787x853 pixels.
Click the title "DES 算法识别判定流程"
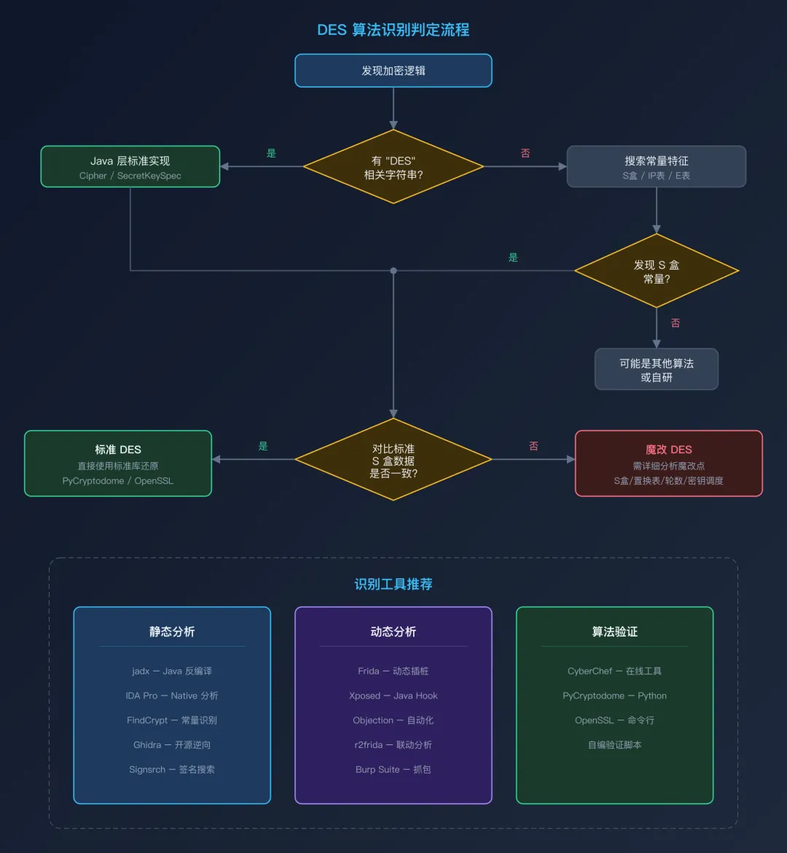coord(393,30)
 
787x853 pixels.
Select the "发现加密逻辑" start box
coord(393,71)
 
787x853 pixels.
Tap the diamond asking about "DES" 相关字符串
coord(393,167)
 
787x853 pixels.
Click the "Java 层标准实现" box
coord(130,167)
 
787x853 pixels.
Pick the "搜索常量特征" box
coord(656,167)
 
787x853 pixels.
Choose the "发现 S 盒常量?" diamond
coord(657,271)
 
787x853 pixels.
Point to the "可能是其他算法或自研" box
coord(657,370)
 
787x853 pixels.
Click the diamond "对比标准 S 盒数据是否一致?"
coord(393,460)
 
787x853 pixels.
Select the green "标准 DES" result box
coord(118,464)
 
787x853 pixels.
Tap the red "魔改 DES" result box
coord(668,464)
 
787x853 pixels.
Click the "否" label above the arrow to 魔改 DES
coord(533,446)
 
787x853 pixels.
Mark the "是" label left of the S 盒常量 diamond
coord(513,257)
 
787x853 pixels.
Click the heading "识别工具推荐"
coord(393,584)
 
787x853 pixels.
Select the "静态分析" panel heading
coord(172,631)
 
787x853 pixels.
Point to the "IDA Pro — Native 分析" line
coord(172,696)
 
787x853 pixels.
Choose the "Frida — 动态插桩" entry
coord(393,671)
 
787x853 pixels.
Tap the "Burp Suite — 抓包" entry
coord(393,769)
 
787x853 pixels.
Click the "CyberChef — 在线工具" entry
coord(614,671)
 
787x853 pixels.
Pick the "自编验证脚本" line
coord(614,744)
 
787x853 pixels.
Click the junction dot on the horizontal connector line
coord(393,270)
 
